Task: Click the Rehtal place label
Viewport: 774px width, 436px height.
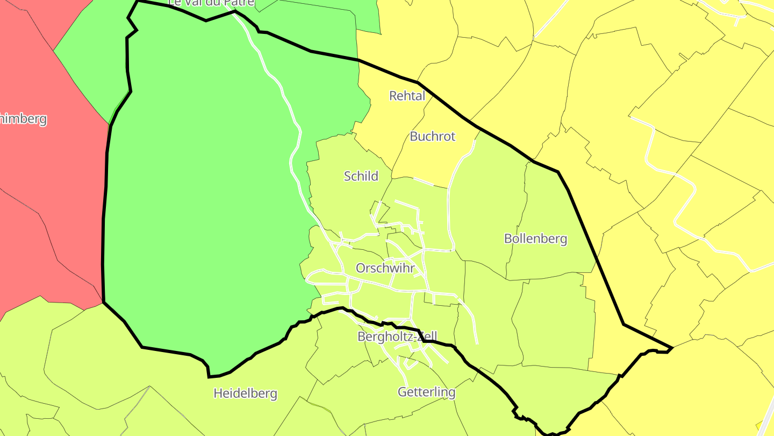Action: tap(407, 96)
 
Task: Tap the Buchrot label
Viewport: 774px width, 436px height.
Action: tap(432, 136)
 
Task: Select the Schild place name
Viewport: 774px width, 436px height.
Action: tap(361, 176)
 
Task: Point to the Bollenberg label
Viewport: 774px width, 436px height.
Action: tap(535, 238)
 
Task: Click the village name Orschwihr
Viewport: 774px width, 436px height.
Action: tap(385, 268)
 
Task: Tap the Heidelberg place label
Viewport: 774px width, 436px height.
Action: tap(245, 393)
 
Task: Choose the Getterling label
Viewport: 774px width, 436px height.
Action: tap(426, 392)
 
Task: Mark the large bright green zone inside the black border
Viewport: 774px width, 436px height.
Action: tap(204, 215)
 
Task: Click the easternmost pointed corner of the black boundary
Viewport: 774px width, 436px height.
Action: tap(672, 348)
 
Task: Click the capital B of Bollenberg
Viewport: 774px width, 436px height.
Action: tap(508, 238)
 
